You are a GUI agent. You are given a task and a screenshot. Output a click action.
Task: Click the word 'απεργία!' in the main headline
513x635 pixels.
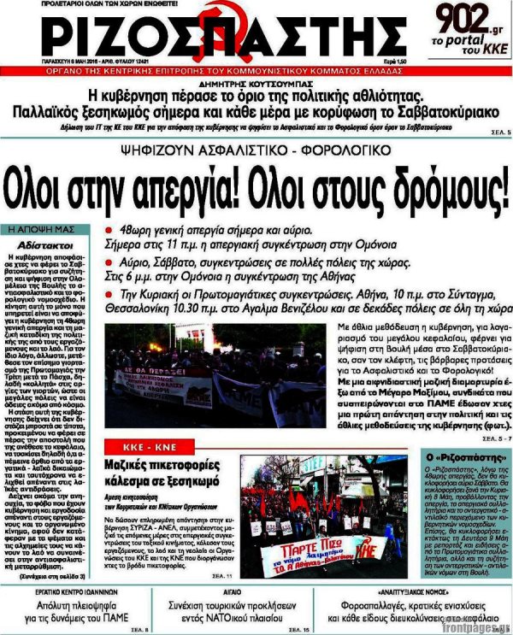pyautogui.click(x=205, y=184)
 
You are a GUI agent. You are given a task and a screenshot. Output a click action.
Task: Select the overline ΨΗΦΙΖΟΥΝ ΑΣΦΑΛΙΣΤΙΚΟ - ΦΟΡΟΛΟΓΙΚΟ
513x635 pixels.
pyautogui.click(x=256, y=150)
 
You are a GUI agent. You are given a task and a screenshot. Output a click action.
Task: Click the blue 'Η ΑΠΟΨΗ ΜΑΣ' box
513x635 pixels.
pyautogui.click(x=41, y=230)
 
